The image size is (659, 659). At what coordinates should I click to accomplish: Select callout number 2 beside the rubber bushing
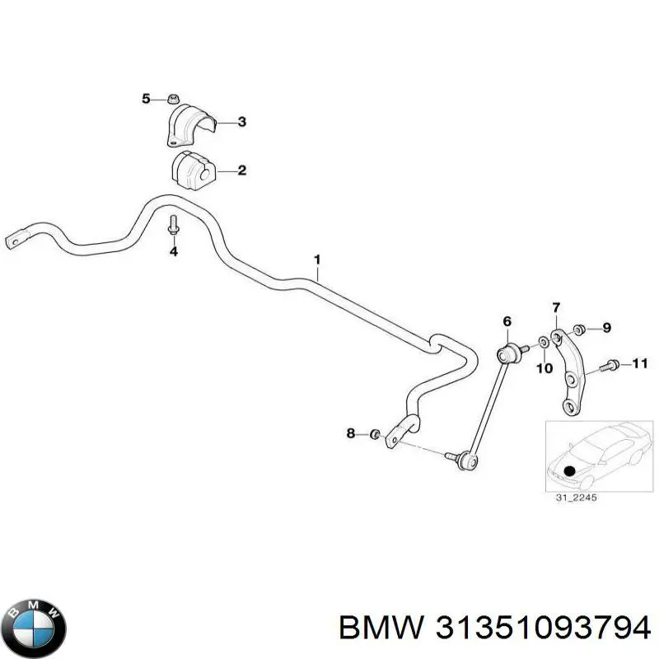coord(242,171)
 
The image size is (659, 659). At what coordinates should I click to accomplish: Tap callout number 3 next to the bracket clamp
coord(242,122)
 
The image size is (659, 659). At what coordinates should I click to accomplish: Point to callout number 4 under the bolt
coord(174,251)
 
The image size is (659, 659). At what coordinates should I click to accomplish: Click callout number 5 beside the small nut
coord(147,99)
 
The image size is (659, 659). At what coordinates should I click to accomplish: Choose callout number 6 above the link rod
coord(507,320)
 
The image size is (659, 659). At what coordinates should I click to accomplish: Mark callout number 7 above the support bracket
coord(556,308)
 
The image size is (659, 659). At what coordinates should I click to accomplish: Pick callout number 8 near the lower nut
coord(350,433)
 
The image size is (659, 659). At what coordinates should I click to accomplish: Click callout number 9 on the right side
coord(607,327)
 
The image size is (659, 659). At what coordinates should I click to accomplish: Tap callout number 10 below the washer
coord(544,368)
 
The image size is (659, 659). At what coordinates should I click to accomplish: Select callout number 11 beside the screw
coord(640,362)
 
